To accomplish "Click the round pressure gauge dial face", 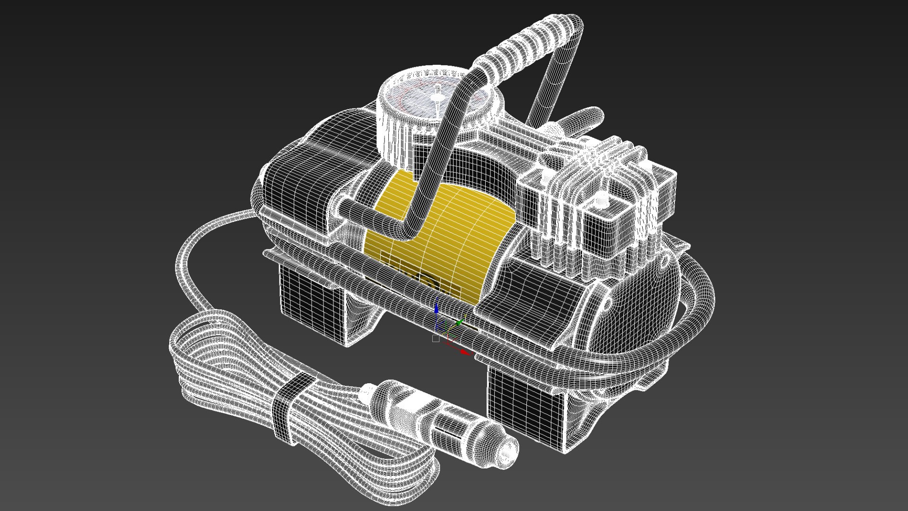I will [416, 102].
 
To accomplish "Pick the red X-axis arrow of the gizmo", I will [466, 352].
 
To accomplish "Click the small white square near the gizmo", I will [436, 339].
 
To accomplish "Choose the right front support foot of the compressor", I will [525, 407].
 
